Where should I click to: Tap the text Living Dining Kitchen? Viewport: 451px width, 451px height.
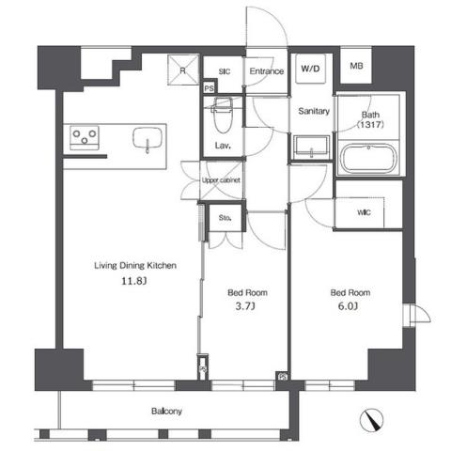pyautogui.click(x=134, y=265)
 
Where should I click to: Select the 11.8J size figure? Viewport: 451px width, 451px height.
pyautogui.click(x=133, y=280)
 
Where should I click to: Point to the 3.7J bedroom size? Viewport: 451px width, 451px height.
pyautogui.click(x=242, y=305)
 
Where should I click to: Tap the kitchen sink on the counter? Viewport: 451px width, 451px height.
pyautogui.click(x=151, y=140)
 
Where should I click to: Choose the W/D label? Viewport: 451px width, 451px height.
pyautogui.click(x=309, y=70)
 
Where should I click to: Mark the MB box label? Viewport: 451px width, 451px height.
pyautogui.click(x=356, y=67)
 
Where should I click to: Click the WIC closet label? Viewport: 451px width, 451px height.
pyautogui.click(x=364, y=212)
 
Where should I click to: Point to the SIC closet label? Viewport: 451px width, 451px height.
pyautogui.click(x=224, y=70)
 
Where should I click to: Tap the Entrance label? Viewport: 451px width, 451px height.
pyautogui.click(x=267, y=70)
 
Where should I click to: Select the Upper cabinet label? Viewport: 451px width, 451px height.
pyautogui.click(x=223, y=179)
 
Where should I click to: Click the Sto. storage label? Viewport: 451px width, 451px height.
pyautogui.click(x=225, y=219)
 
